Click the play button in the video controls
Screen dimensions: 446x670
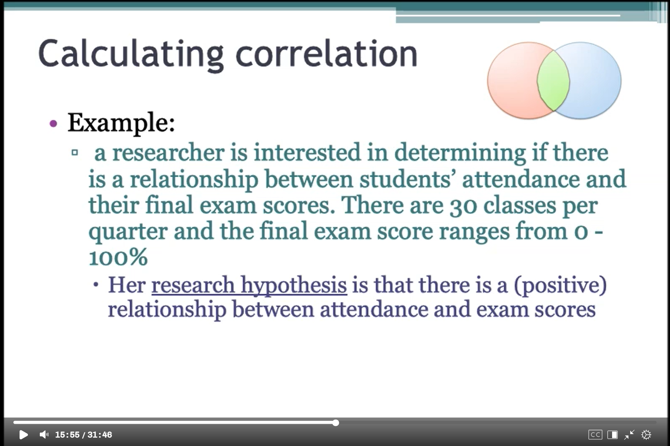coord(23,435)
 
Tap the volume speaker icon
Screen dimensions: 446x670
coord(44,435)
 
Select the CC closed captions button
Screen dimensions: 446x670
coord(595,435)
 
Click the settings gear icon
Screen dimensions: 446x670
coord(646,435)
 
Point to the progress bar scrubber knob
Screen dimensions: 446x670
coord(336,423)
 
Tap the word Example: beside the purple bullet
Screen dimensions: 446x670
coord(121,123)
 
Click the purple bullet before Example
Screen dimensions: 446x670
coord(53,123)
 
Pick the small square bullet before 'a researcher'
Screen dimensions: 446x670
coord(75,153)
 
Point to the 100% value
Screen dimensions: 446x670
coord(118,257)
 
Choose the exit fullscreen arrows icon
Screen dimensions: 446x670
coord(629,435)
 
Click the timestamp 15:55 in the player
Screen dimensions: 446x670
coord(67,435)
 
